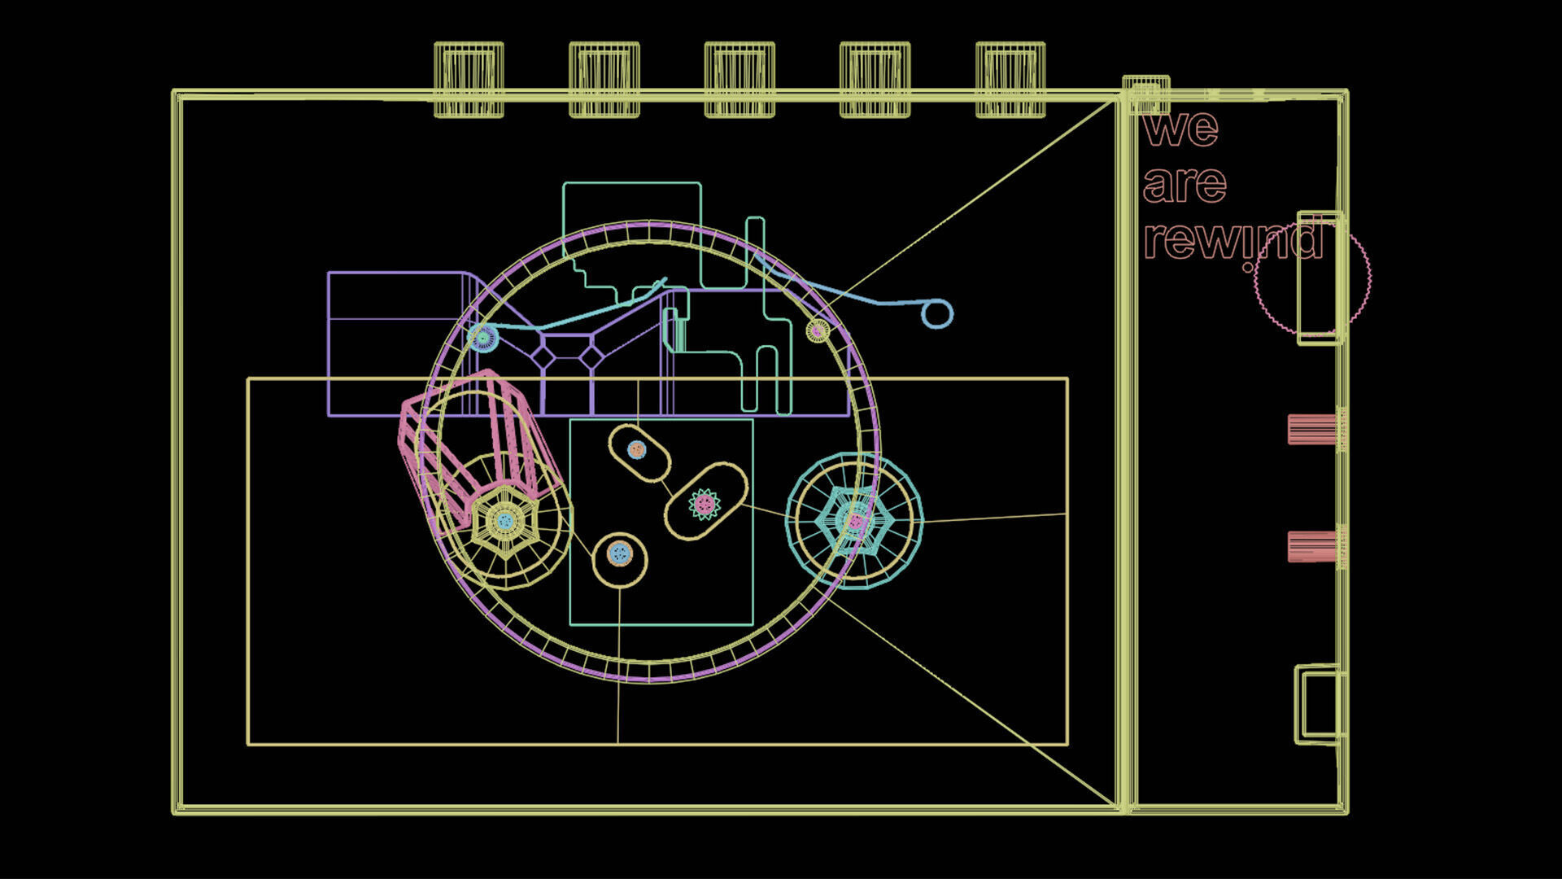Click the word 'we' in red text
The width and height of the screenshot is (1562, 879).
[1180, 129]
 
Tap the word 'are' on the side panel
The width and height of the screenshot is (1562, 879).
[1185, 186]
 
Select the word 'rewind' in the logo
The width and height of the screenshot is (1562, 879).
[1233, 240]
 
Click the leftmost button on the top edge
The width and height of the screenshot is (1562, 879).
[469, 80]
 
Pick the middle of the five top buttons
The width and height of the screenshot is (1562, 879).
[740, 80]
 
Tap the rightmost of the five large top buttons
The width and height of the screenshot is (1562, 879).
[1010, 80]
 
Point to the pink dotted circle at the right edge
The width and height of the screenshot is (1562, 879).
[1312, 277]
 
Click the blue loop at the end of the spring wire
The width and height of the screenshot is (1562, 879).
[937, 314]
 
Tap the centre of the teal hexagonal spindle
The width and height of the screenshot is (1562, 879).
[854, 521]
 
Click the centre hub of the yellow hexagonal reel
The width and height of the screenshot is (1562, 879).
[505, 521]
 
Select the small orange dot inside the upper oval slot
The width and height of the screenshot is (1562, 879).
[637, 449]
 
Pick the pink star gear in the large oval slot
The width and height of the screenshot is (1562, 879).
[705, 505]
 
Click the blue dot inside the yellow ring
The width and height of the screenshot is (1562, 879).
[620, 554]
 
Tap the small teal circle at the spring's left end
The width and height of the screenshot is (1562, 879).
[484, 336]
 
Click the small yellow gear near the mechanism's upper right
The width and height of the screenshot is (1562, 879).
[818, 330]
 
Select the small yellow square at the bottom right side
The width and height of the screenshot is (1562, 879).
[1319, 705]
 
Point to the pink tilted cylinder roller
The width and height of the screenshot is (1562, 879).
[472, 439]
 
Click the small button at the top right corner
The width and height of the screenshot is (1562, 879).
[1145, 94]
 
